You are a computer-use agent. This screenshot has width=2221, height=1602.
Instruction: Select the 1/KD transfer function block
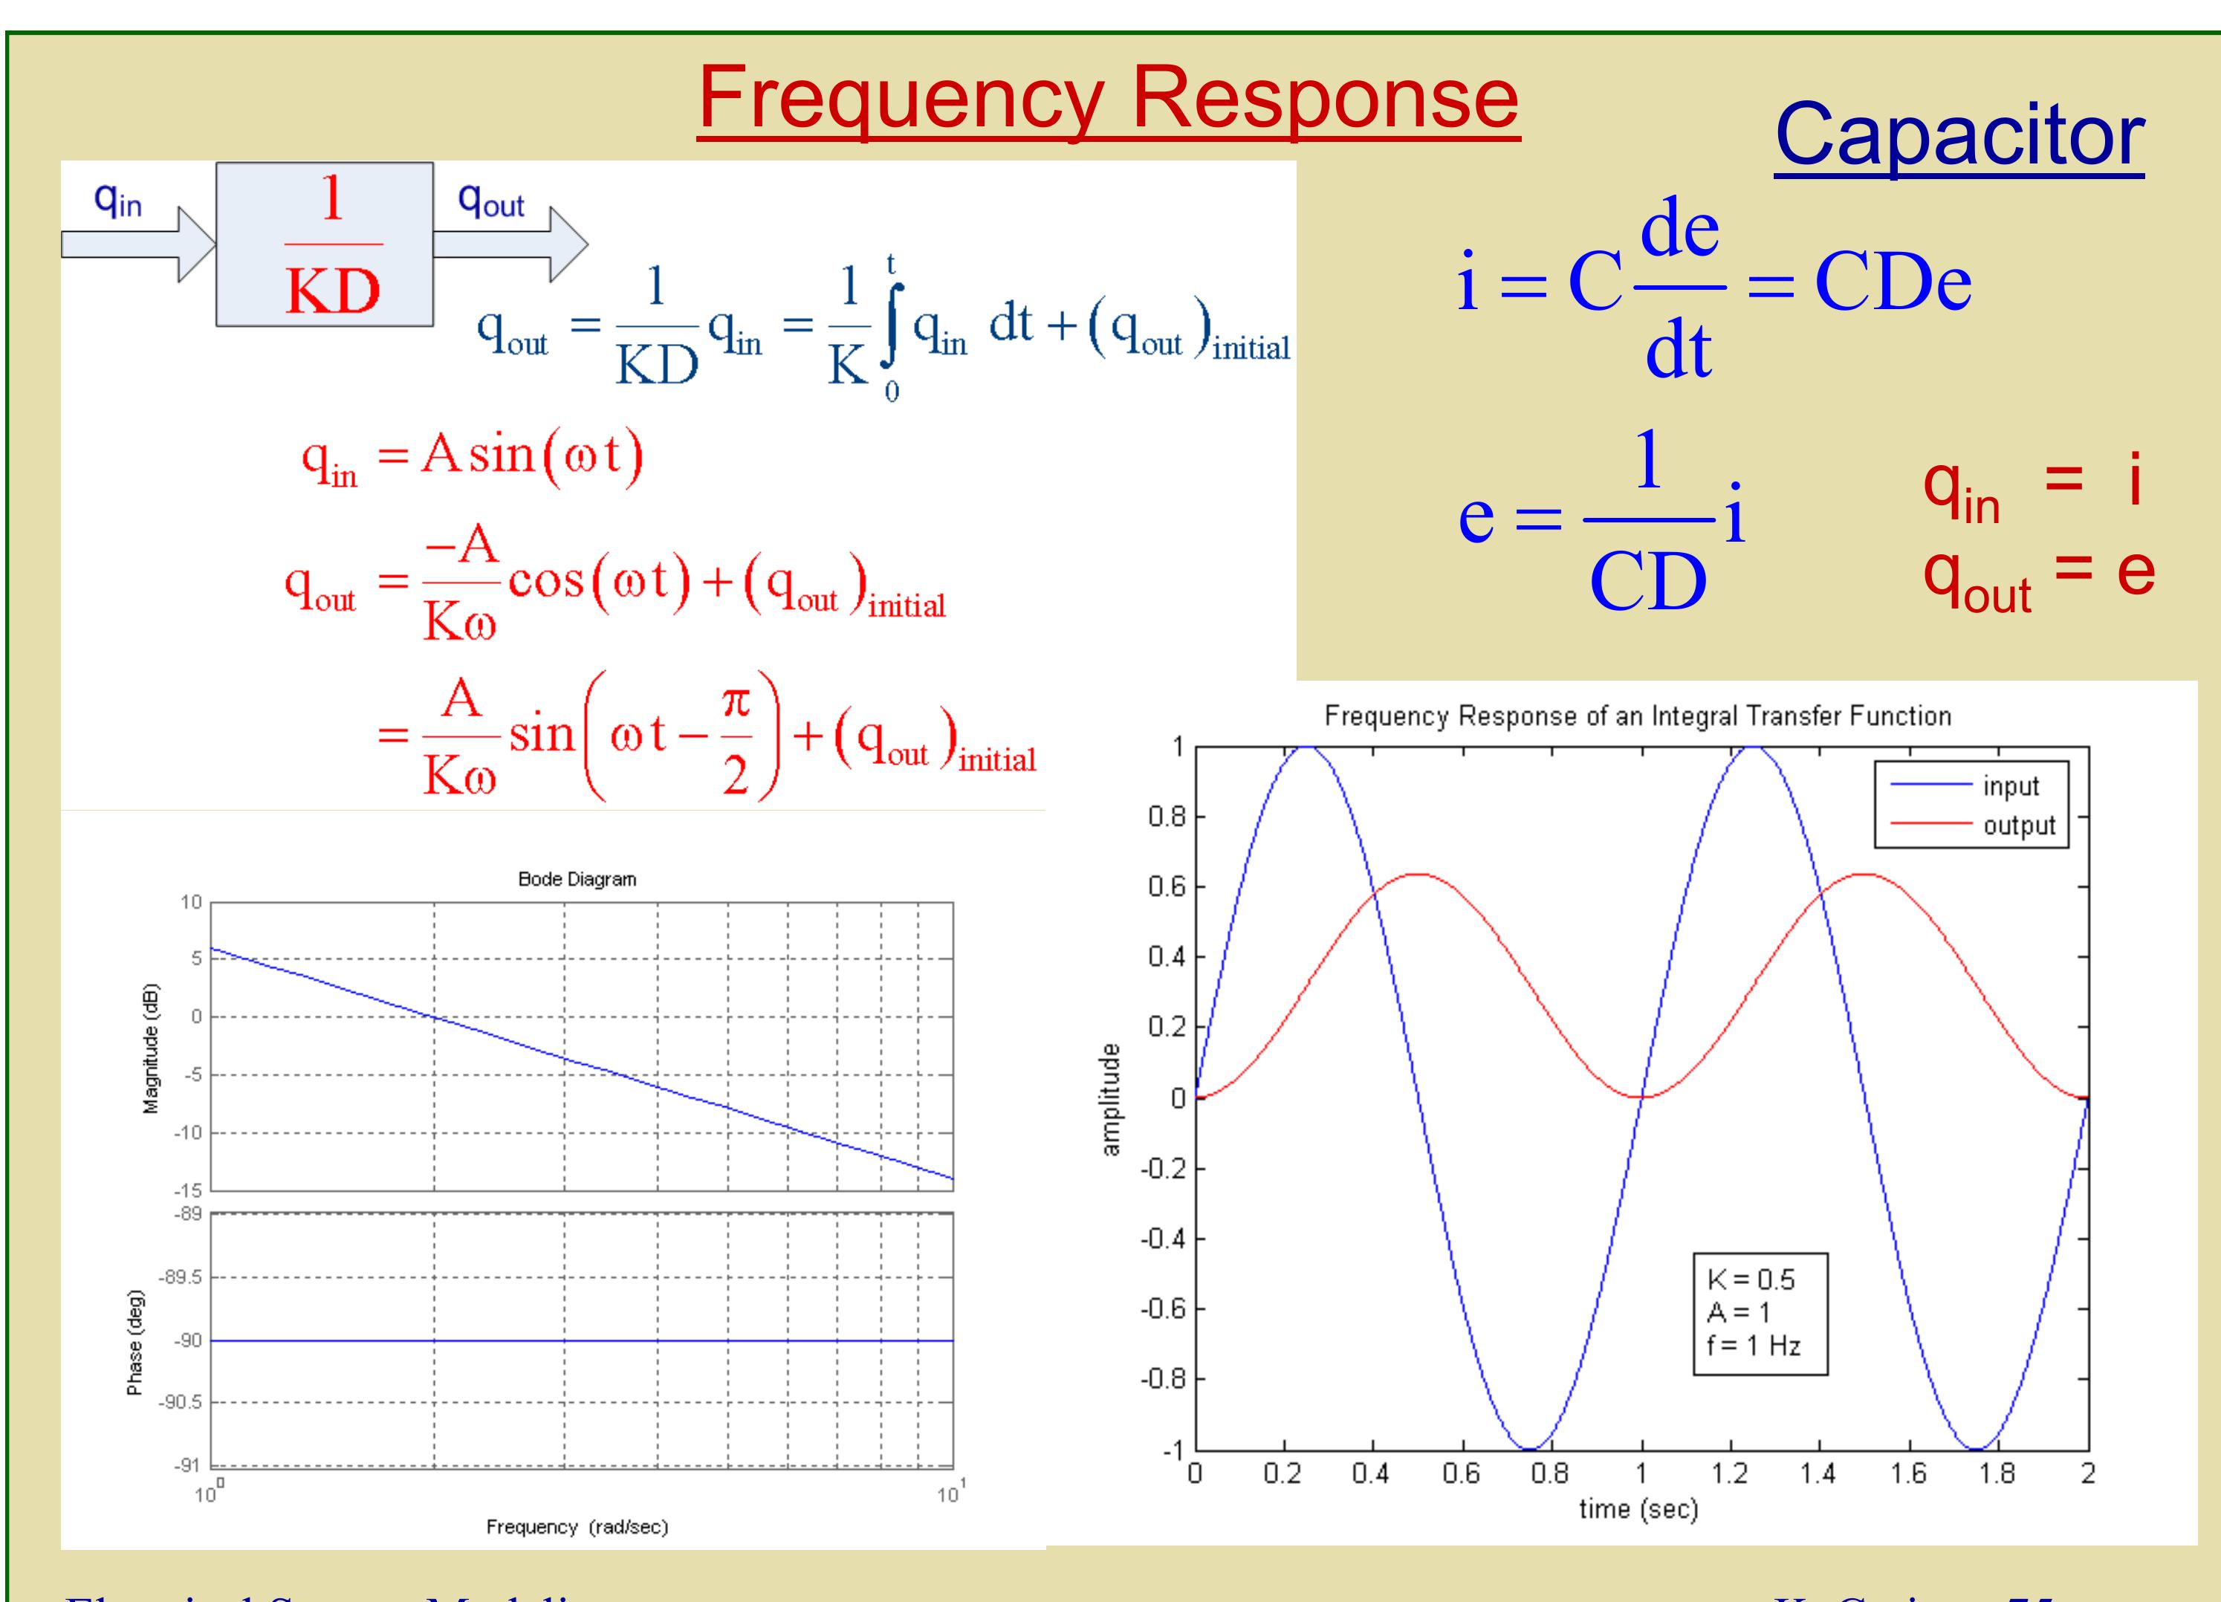coord(324,244)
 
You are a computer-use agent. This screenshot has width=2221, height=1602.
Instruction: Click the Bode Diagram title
coord(577,879)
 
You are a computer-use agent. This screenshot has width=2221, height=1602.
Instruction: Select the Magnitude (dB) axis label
coord(151,1048)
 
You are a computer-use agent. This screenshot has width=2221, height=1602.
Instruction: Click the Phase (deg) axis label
coord(135,1341)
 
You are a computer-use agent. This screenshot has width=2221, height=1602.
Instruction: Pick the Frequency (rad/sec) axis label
coord(577,1527)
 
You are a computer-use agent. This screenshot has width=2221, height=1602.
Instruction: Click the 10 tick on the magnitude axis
coord(191,902)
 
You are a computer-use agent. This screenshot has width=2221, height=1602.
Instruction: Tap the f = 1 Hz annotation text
coord(1753,1346)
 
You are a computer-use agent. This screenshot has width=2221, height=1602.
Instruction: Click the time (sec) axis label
coord(1638,1509)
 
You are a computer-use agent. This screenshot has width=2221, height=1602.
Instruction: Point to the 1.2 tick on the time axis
coord(1729,1473)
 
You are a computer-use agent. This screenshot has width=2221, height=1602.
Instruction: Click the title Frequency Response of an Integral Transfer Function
coord(1638,716)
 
